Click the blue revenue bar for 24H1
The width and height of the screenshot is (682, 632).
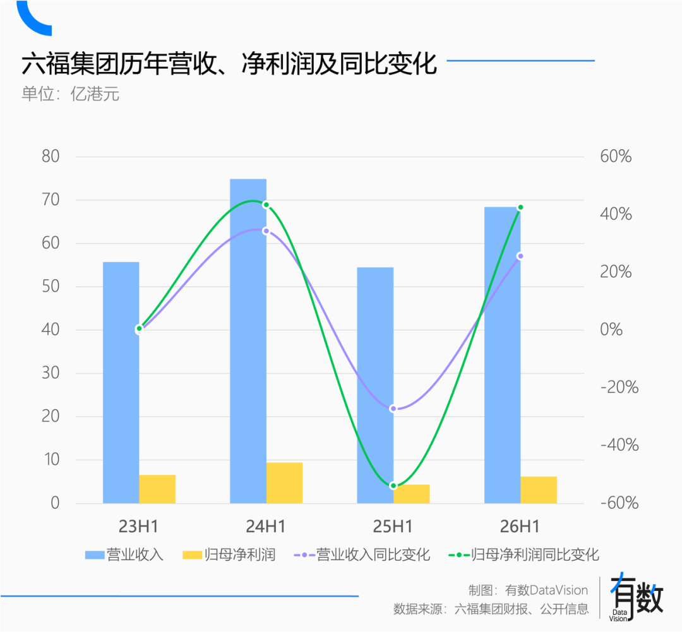(x=248, y=341)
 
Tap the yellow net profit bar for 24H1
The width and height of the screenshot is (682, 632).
(x=284, y=483)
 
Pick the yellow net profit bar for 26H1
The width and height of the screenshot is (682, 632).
(x=539, y=490)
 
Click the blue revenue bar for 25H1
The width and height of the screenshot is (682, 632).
(x=375, y=385)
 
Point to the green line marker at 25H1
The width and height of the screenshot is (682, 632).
(x=393, y=486)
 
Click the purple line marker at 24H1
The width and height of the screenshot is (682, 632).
(x=266, y=230)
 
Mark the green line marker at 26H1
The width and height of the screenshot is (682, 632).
(x=520, y=207)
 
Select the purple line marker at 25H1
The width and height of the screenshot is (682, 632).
(x=393, y=408)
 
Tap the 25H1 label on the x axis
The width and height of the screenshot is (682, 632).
(x=393, y=527)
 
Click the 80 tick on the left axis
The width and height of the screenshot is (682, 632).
(x=51, y=157)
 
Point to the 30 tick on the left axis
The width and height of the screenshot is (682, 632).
(x=51, y=373)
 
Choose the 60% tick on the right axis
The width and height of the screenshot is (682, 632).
(x=616, y=157)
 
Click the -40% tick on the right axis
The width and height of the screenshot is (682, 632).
(x=619, y=445)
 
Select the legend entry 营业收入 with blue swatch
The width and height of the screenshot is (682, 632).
(x=124, y=555)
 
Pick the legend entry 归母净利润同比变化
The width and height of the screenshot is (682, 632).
(x=523, y=555)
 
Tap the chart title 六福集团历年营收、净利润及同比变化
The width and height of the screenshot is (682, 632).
(x=229, y=64)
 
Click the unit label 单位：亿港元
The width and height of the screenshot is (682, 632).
(x=71, y=95)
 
